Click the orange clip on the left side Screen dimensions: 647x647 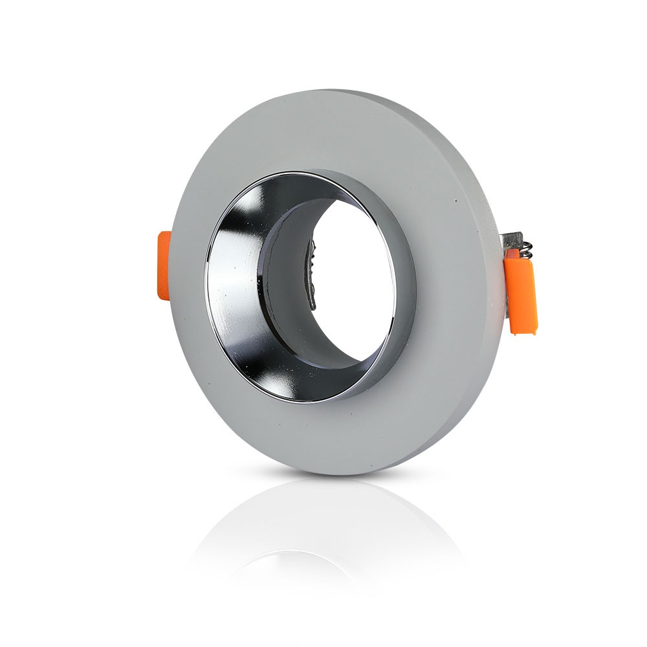tap(164, 265)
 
